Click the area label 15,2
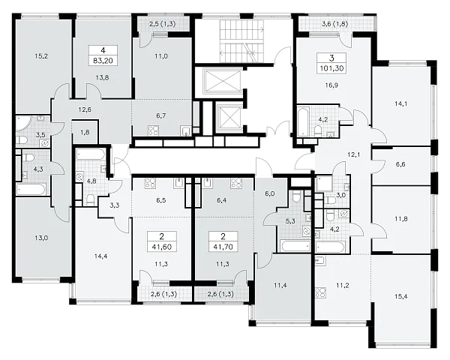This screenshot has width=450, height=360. pos(41,56)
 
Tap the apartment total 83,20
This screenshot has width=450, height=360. pos(103,61)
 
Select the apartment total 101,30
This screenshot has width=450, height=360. pos(331,68)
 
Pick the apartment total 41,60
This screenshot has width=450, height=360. pos(161,247)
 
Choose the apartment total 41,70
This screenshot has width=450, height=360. pos(223,247)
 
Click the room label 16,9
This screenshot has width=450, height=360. pos(331,85)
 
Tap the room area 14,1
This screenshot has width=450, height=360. pos(400,103)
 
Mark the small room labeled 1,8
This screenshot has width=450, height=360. pos(85,132)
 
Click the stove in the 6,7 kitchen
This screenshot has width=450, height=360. pos(153,130)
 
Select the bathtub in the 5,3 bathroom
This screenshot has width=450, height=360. pos(295,246)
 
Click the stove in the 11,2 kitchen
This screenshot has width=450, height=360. pos(319,292)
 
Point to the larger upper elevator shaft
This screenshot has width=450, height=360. pos(222,81)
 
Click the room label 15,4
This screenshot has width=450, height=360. pos(400,296)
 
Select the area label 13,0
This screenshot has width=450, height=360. pos(41,238)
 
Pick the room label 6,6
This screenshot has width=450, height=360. pos(400,164)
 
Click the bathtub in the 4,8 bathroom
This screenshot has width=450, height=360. pos(91,155)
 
